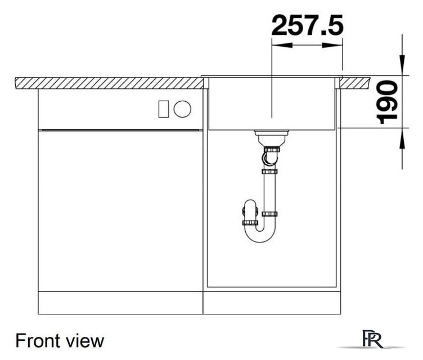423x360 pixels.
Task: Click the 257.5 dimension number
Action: tap(307, 25)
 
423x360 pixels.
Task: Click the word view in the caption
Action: tap(86, 340)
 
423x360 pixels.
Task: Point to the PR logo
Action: tap(372, 340)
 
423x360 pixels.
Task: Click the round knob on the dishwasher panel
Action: tap(183, 109)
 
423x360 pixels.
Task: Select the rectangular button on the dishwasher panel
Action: tap(164, 109)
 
